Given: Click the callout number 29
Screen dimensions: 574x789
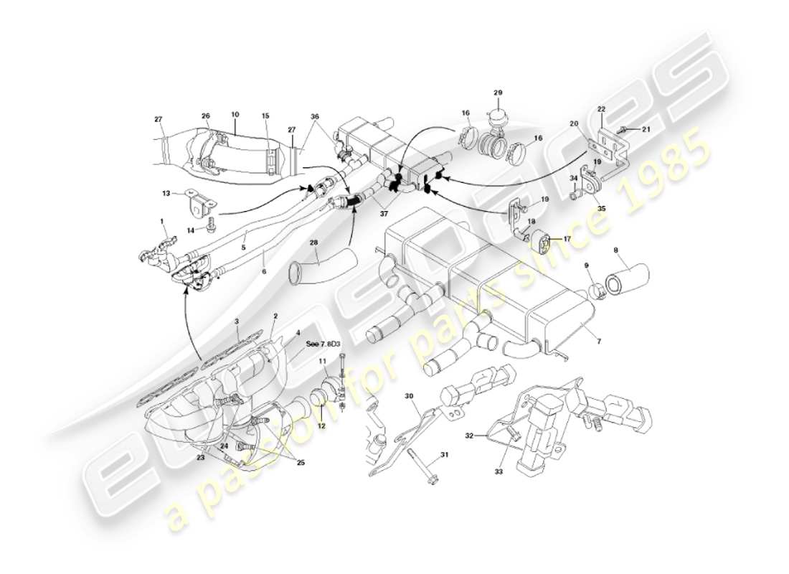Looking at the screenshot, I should pyautogui.click(x=499, y=93).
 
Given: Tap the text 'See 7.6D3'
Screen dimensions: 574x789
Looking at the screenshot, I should pyautogui.click(x=323, y=343).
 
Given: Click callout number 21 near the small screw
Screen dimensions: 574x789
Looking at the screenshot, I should pyautogui.click(x=645, y=129).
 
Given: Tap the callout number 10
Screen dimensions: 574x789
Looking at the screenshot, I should pyautogui.click(x=235, y=114).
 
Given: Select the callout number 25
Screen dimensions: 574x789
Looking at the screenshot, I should pyautogui.click(x=300, y=463).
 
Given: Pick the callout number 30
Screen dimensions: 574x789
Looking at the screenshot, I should pyautogui.click(x=410, y=396).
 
